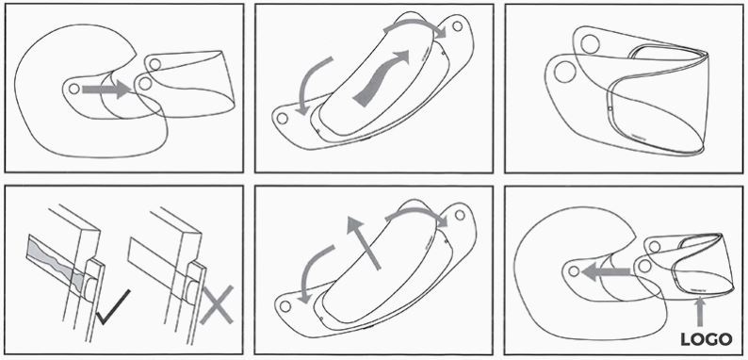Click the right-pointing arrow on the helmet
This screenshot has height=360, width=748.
click(x=106, y=90)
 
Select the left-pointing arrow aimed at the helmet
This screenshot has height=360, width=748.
click(x=606, y=271)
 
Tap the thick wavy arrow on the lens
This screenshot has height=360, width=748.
click(x=382, y=78)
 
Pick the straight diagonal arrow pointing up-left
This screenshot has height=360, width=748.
click(x=364, y=242)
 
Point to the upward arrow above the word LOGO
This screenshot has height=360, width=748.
click(x=699, y=311)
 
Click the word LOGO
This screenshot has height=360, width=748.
click(x=706, y=339)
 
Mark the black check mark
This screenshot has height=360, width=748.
click(x=113, y=307)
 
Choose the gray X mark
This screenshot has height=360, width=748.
click(x=217, y=304)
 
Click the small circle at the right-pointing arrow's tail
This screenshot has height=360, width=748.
click(x=73, y=89)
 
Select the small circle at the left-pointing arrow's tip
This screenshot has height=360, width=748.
click(x=574, y=271)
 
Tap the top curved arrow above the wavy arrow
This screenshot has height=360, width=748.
click(x=415, y=25)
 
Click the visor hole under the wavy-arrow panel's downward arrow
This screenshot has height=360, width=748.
click(x=283, y=118)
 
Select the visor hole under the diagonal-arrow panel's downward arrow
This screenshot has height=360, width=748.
click(x=285, y=306)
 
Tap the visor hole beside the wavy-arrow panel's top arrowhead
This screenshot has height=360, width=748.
click(x=458, y=26)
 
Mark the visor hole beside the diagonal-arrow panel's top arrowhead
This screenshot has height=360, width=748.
click(x=460, y=215)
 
